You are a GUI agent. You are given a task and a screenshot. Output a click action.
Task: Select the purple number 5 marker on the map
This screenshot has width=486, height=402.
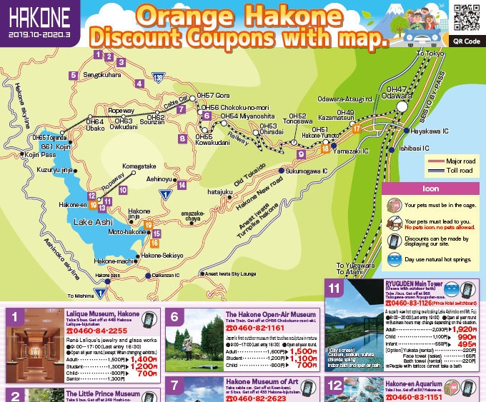pos(73,75)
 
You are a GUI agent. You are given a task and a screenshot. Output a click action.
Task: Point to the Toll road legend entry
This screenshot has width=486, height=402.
pos(456,171)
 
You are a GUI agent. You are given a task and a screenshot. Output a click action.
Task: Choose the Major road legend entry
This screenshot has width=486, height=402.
pos(456,160)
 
